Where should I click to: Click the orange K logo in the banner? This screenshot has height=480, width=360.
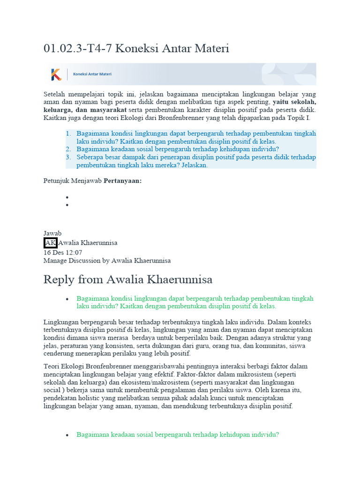click(x=56, y=74)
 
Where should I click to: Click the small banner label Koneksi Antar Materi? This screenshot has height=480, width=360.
click(x=92, y=74)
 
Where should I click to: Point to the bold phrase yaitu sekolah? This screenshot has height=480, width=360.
click(x=294, y=102)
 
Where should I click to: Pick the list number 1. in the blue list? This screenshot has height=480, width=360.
click(x=68, y=134)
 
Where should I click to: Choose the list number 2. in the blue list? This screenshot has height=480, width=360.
click(x=68, y=150)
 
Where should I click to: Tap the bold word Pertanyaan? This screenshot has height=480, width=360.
click(x=122, y=180)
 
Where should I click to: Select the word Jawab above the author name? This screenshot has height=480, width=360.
click(x=52, y=233)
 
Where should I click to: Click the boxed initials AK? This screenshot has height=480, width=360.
click(x=50, y=243)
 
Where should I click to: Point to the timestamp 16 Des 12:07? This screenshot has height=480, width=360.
click(x=63, y=252)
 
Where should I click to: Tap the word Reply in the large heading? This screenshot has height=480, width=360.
click(x=59, y=280)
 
